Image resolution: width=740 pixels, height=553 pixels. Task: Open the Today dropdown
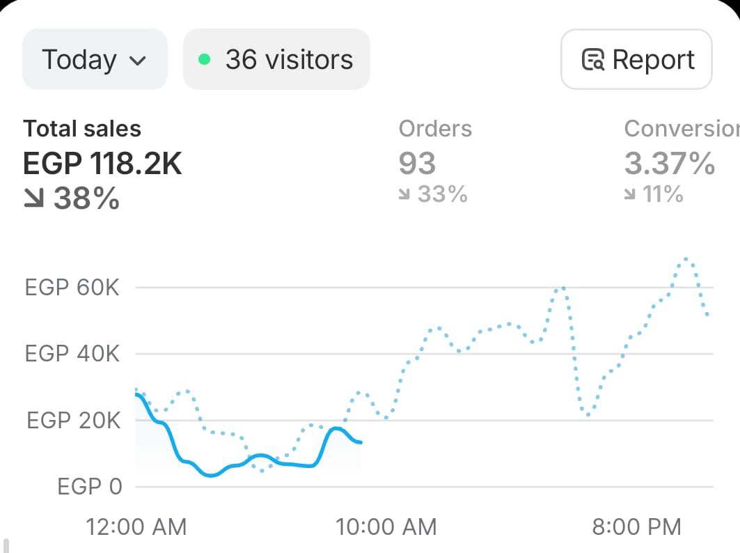[x=95, y=59]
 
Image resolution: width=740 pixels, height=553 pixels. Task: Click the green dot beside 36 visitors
[x=204, y=59]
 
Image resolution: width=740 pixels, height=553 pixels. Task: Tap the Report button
[x=636, y=59]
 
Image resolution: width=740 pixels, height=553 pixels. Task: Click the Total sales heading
[x=82, y=129]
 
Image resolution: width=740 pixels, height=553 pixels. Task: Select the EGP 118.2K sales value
[x=102, y=164]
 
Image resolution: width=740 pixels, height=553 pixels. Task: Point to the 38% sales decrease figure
[x=72, y=199]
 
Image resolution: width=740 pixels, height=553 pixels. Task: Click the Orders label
[x=435, y=129]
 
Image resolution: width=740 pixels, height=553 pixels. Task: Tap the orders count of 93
[x=417, y=164]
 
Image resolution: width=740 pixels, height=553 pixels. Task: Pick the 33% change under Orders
[x=433, y=194]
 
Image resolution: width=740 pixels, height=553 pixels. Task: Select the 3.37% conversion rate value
[x=670, y=164]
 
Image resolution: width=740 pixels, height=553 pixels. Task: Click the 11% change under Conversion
[x=654, y=194]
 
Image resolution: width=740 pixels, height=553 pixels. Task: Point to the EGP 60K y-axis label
[x=72, y=287]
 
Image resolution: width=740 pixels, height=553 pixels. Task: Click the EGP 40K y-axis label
[x=72, y=354]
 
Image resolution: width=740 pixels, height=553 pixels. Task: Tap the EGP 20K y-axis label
[x=73, y=421]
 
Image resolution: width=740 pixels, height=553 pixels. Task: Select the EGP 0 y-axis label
[x=90, y=486]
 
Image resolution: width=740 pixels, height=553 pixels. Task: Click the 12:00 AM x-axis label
[x=136, y=527]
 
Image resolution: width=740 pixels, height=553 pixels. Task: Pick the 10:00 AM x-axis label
[x=386, y=527]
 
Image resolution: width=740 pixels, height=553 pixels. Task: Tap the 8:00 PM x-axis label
[x=637, y=527]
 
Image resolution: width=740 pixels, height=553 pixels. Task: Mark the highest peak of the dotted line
[x=687, y=259]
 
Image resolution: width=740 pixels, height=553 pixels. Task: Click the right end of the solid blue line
[x=360, y=442]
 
